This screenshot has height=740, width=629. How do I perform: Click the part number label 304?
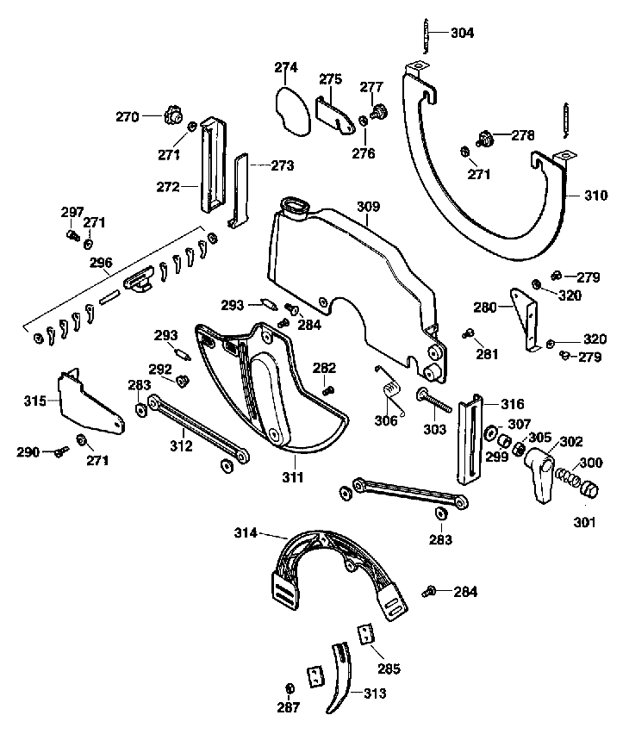pos(462,33)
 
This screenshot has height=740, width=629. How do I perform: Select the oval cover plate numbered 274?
pos(293,111)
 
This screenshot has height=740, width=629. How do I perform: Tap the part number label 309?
pos(368,206)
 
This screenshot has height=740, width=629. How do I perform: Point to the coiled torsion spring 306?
pos(391,390)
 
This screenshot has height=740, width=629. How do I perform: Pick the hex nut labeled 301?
pos(590,489)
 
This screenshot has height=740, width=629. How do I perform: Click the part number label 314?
pos(246,533)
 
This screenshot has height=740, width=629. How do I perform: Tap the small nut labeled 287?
pos(290,688)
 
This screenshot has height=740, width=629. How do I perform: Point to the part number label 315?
pos(35,401)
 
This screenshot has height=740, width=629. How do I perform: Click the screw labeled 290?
pos(61,451)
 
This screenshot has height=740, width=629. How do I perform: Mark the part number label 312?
pos(182,445)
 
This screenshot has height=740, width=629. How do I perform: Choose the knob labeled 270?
pos(173,115)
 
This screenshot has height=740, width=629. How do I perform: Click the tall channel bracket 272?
pos(212,165)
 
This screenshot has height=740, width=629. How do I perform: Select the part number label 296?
pos(101,263)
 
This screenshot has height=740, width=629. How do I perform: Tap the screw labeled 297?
pos(72,234)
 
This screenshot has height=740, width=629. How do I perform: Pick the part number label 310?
pos(596,196)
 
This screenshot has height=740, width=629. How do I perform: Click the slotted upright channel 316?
pos(470,439)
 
